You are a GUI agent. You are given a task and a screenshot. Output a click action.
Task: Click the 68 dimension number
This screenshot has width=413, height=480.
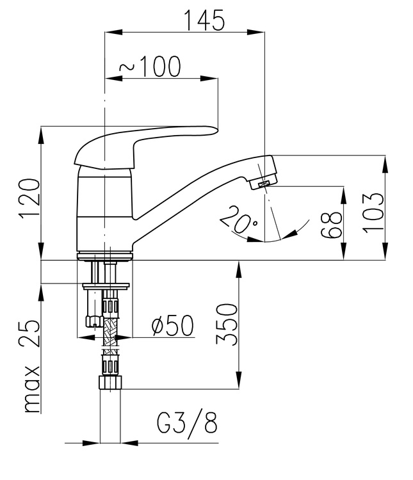click(331, 223)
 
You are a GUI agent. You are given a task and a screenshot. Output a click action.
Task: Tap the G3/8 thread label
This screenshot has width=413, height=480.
click(186, 422)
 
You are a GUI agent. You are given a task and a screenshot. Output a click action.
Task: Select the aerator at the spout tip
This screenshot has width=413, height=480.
click(263, 184)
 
